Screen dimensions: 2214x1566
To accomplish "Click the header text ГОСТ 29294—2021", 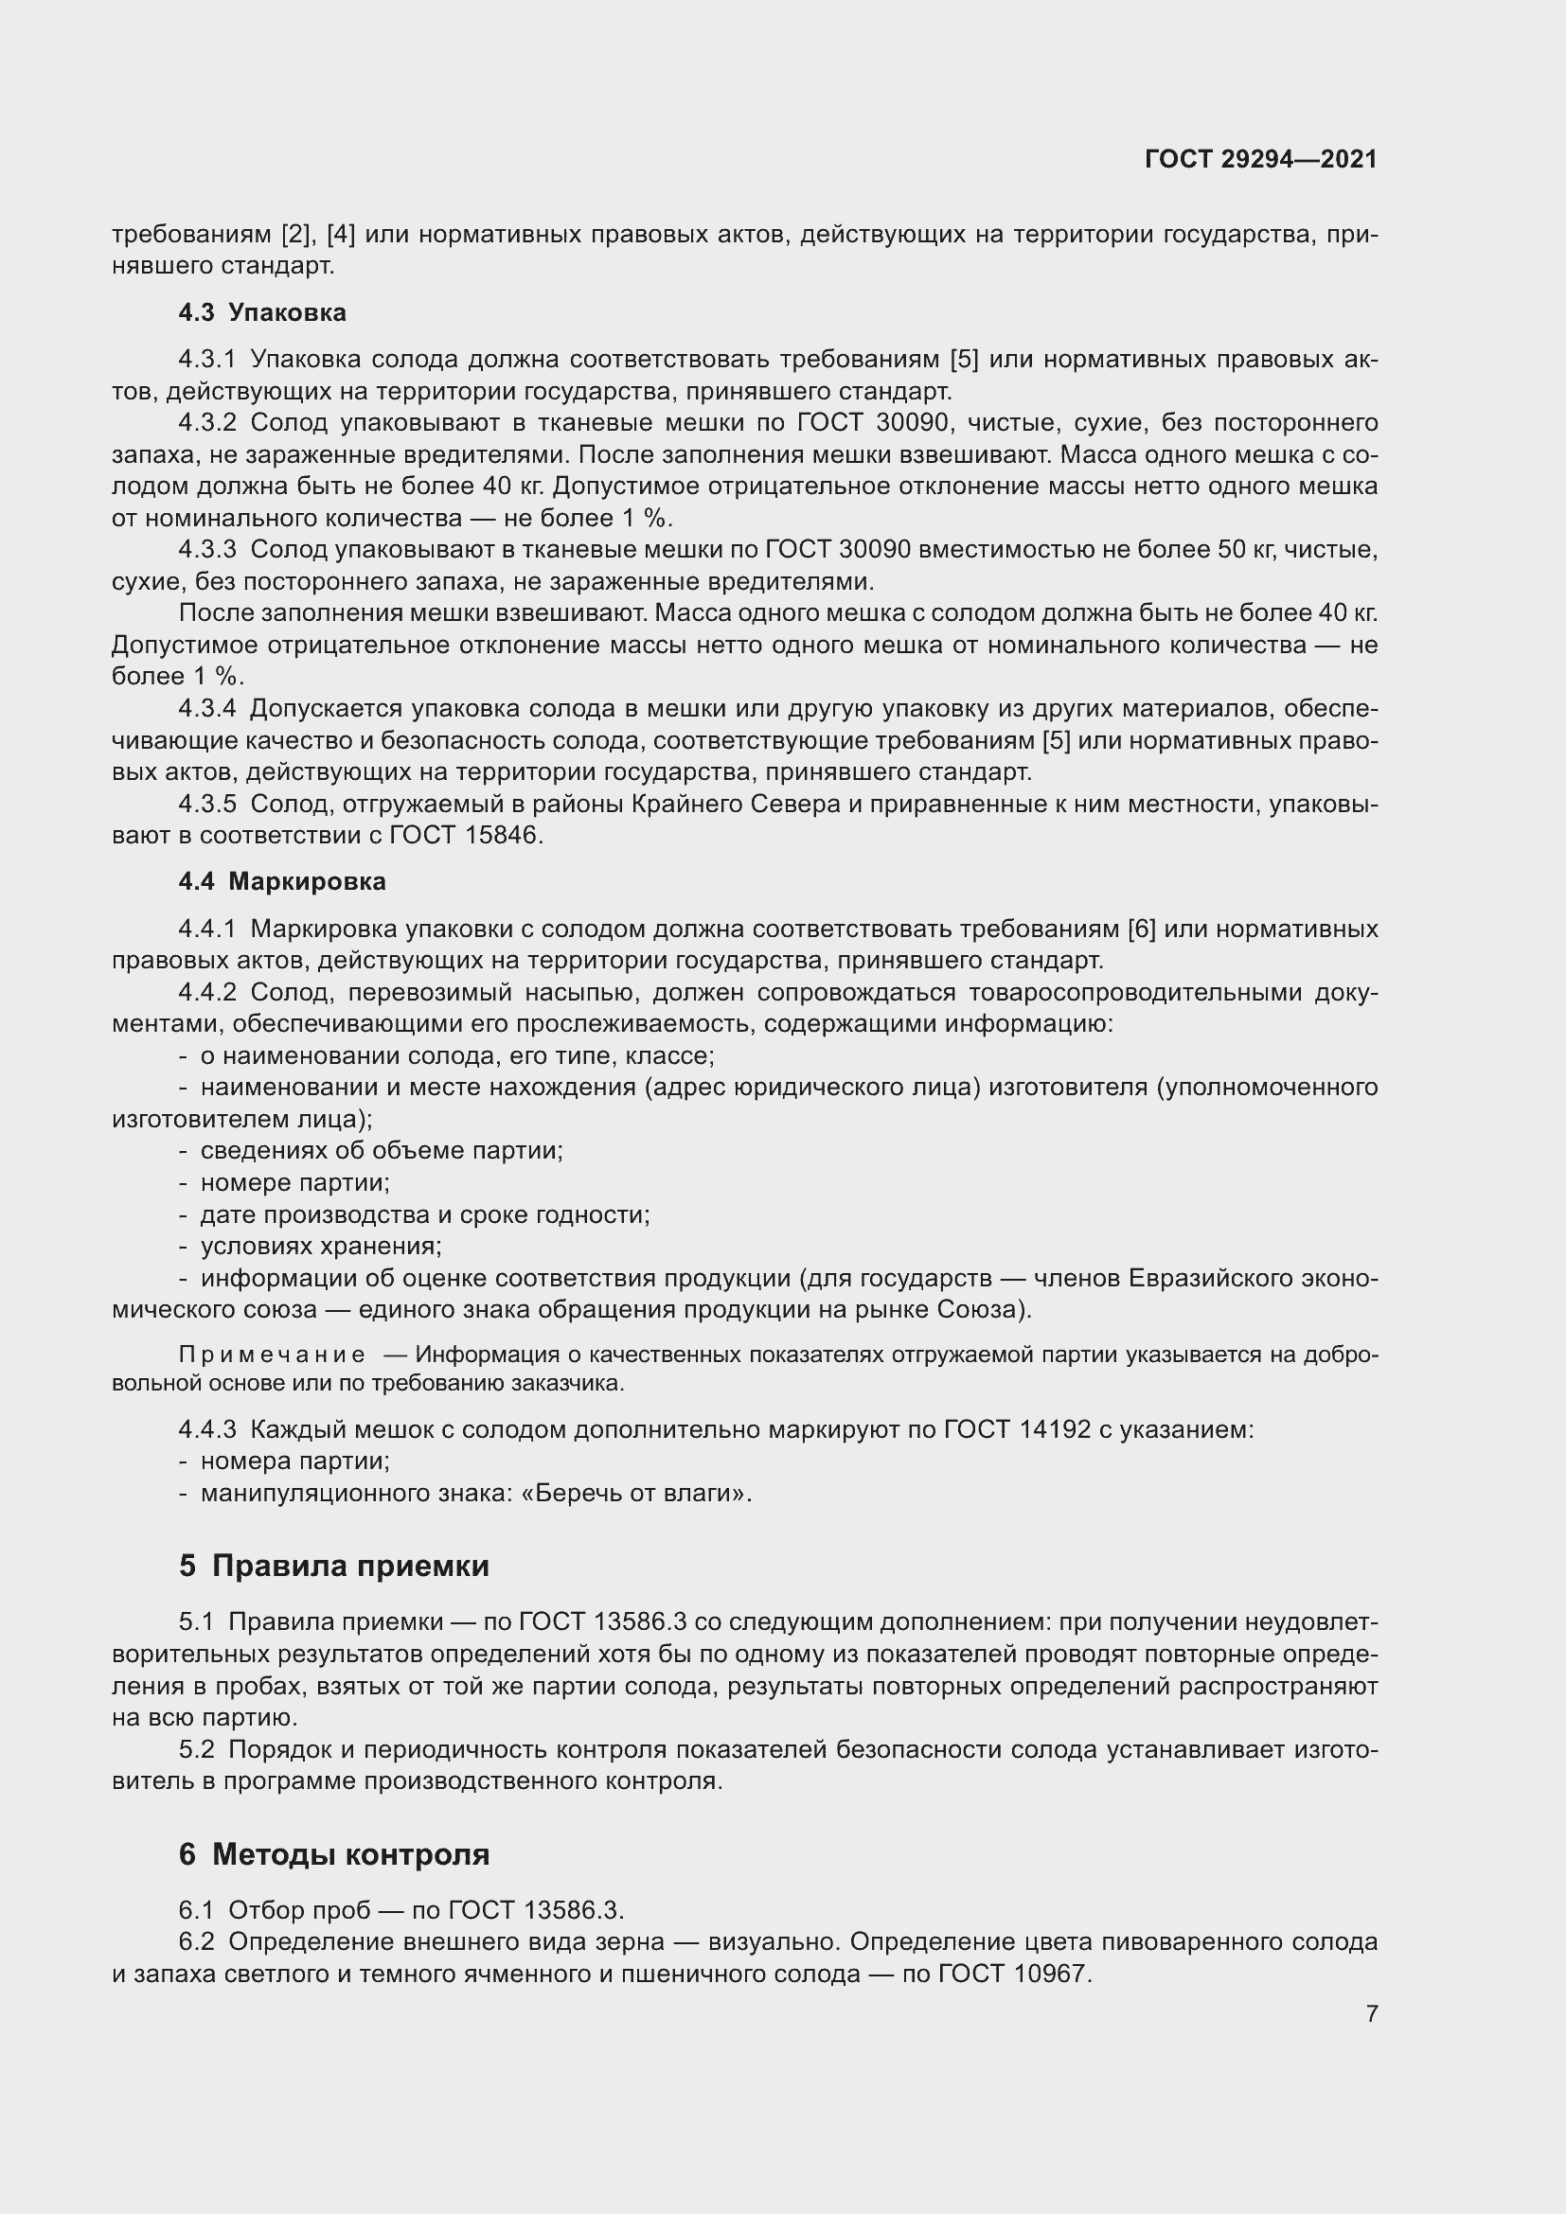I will click(1260, 159).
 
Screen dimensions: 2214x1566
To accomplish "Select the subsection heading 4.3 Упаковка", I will click(262, 312).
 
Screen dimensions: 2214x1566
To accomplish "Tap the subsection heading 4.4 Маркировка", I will click(281, 881).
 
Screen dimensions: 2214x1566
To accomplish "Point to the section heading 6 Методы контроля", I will click(333, 1853).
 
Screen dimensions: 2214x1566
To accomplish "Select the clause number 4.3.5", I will click(207, 804).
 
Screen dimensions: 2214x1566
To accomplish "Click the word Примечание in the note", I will click(272, 1355).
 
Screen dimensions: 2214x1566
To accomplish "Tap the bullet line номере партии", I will click(294, 1182).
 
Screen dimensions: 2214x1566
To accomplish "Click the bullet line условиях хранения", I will click(320, 1246).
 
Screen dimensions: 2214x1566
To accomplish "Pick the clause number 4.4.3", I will click(207, 1429).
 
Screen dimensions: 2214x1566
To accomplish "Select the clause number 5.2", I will click(197, 1749).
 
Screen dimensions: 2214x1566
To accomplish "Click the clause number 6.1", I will click(197, 1909).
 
